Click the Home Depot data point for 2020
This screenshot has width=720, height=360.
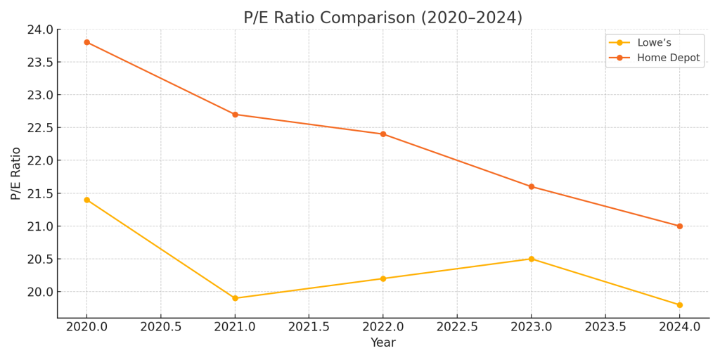(87, 42)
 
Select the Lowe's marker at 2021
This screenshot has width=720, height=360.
(235, 298)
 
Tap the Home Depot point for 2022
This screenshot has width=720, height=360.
(383, 134)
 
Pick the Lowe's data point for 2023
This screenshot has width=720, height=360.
(532, 259)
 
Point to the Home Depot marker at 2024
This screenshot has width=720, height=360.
(679, 226)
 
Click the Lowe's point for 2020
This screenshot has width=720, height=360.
(87, 200)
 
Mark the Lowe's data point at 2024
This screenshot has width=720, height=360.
(679, 305)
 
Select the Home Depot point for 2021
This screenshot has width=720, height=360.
(235, 115)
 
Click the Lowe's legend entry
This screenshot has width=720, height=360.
(654, 43)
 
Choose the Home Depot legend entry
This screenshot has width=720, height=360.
(668, 58)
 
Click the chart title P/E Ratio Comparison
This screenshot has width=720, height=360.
(382, 18)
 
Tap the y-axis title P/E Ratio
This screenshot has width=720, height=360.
(16, 173)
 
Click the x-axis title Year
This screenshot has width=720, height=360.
(383, 343)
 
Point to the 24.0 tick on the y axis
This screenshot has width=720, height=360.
(40, 30)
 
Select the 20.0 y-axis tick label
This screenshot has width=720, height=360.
(40, 292)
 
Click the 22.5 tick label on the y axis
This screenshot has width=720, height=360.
(40, 128)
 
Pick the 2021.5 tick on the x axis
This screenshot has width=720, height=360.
(309, 327)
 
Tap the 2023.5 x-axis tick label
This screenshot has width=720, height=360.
(605, 327)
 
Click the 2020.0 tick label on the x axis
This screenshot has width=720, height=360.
(87, 327)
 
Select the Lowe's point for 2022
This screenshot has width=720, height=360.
(383, 278)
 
